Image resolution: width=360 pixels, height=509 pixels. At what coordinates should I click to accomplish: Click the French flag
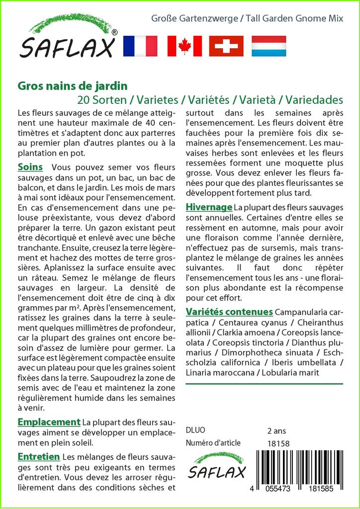coord(140,46)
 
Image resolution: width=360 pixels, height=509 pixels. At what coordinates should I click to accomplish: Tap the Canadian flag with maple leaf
coord(184,46)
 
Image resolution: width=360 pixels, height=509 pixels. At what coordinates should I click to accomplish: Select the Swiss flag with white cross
coord(226,46)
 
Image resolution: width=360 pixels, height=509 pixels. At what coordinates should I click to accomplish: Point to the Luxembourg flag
coord(269,46)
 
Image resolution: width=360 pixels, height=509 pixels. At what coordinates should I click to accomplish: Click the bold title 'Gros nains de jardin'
coord(73,85)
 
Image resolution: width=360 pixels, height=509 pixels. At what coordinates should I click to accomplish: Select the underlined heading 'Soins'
coord(30,167)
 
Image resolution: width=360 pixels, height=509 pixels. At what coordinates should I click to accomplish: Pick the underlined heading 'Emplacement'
coord(49,422)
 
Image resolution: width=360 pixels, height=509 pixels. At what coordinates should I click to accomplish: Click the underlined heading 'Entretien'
coord(39,456)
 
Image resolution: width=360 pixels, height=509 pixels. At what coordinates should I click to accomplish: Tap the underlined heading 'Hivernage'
coord(209,207)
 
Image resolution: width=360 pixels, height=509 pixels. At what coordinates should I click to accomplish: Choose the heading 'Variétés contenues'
coord(229,312)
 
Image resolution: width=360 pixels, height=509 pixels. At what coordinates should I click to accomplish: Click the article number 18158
coord(278,443)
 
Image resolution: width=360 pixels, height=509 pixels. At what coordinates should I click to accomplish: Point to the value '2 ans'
coord(276,430)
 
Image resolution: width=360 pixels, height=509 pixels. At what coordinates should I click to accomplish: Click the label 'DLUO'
coord(195,430)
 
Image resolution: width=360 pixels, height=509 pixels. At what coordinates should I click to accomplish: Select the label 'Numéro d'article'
coord(213,443)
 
